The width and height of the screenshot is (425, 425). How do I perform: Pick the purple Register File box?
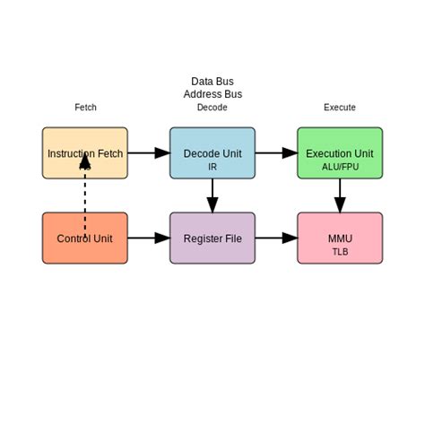click(212, 239)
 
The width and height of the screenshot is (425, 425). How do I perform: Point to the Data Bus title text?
click(212, 82)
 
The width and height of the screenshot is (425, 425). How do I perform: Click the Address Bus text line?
click(212, 94)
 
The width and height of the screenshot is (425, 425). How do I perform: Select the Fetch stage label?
click(85, 108)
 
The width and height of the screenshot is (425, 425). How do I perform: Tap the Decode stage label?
click(212, 108)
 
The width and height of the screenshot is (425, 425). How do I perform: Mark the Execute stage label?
click(340, 108)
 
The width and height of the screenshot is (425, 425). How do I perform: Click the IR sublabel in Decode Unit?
click(212, 167)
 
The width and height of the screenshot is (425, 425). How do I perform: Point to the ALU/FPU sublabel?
click(340, 167)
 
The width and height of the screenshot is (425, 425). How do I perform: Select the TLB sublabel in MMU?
click(340, 252)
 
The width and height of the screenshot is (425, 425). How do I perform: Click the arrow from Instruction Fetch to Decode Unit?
click(148, 153)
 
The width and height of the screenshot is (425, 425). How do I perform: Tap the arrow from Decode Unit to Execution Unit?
click(276, 153)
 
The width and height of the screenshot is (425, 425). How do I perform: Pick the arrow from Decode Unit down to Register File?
click(212, 195)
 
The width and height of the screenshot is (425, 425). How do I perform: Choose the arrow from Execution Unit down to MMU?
click(340, 195)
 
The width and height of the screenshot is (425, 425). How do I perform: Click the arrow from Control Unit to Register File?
click(148, 239)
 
